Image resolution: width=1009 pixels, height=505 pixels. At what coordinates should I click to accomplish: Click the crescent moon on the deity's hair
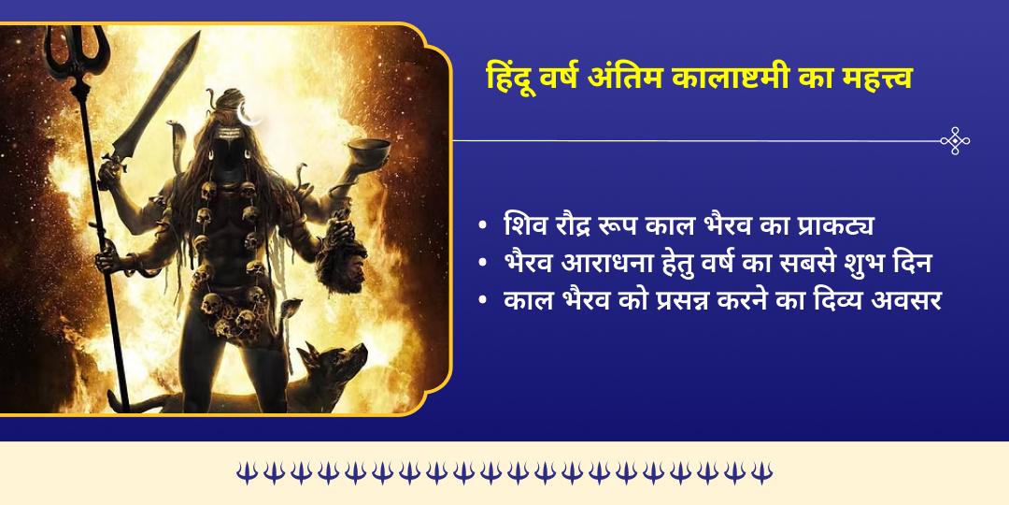point(249,116)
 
